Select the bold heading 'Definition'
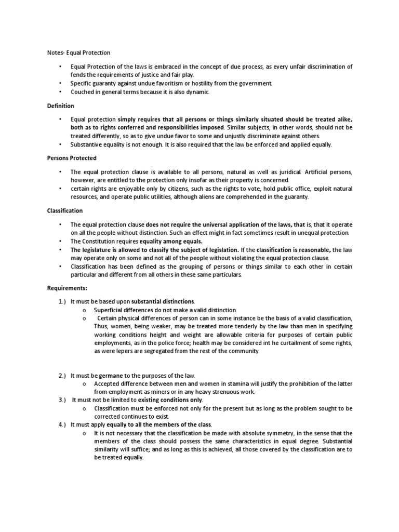click(x=60, y=105)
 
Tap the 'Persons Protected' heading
click(x=72, y=158)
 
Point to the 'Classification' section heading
click(x=65, y=210)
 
